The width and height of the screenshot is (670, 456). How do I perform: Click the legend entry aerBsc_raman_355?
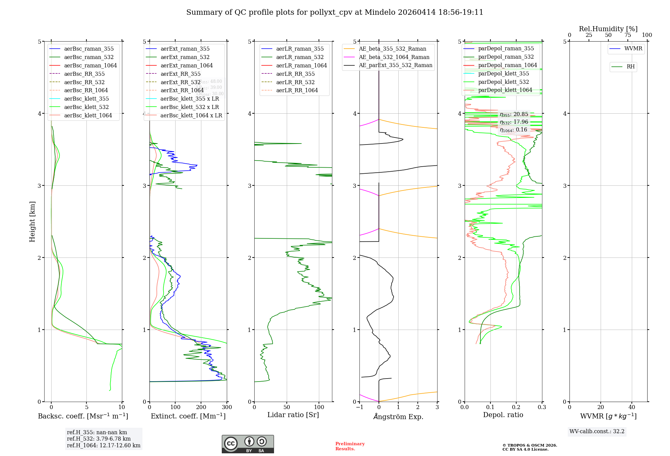click(89, 49)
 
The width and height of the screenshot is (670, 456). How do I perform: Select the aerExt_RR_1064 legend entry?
click(182, 91)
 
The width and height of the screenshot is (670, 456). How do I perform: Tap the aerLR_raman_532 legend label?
click(300, 57)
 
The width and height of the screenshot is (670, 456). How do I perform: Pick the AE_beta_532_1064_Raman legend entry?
click(394, 57)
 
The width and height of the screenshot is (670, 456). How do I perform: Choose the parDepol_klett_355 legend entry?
click(504, 74)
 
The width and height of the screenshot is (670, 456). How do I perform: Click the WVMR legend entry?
click(633, 49)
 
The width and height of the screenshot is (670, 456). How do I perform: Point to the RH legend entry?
click(630, 67)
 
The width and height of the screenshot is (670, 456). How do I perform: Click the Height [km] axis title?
click(32, 222)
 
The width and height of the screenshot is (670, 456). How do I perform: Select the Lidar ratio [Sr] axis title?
click(293, 415)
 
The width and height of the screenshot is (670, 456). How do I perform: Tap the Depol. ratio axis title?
click(503, 415)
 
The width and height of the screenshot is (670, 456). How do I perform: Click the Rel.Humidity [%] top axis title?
click(608, 29)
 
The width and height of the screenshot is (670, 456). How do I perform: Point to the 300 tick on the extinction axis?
click(227, 407)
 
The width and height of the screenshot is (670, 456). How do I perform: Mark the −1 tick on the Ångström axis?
click(359, 407)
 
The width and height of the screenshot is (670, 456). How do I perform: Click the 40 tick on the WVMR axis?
click(632, 407)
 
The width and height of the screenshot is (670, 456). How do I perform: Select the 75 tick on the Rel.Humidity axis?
click(628, 35)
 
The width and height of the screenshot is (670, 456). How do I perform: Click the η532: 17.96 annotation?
click(514, 122)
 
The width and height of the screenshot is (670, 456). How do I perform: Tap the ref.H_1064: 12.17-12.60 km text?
click(104, 446)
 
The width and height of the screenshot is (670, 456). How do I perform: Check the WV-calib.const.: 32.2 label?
click(597, 432)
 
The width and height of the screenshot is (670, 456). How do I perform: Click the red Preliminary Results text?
click(350, 446)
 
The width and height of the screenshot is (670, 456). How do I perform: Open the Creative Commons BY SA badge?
click(248, 444)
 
